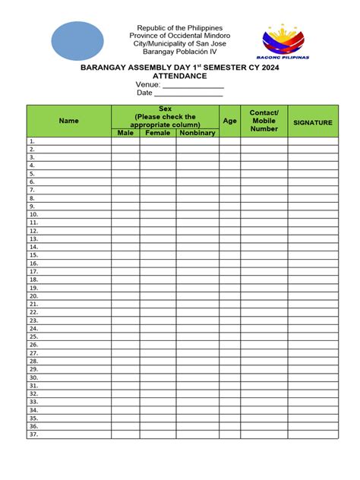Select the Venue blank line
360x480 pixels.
194,85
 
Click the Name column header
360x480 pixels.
69,121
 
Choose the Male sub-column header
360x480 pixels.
125,133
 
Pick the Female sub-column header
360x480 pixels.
158,133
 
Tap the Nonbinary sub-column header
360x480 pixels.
197,133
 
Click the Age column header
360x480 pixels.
229,121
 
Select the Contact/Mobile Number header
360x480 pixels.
264,121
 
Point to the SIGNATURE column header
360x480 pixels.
313,122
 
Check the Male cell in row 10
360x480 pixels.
125,215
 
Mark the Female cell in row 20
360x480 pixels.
158,296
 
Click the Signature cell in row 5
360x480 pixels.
313,174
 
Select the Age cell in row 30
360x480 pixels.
229,377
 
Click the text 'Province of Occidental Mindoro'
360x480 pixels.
180,36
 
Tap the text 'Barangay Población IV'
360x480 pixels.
180,53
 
